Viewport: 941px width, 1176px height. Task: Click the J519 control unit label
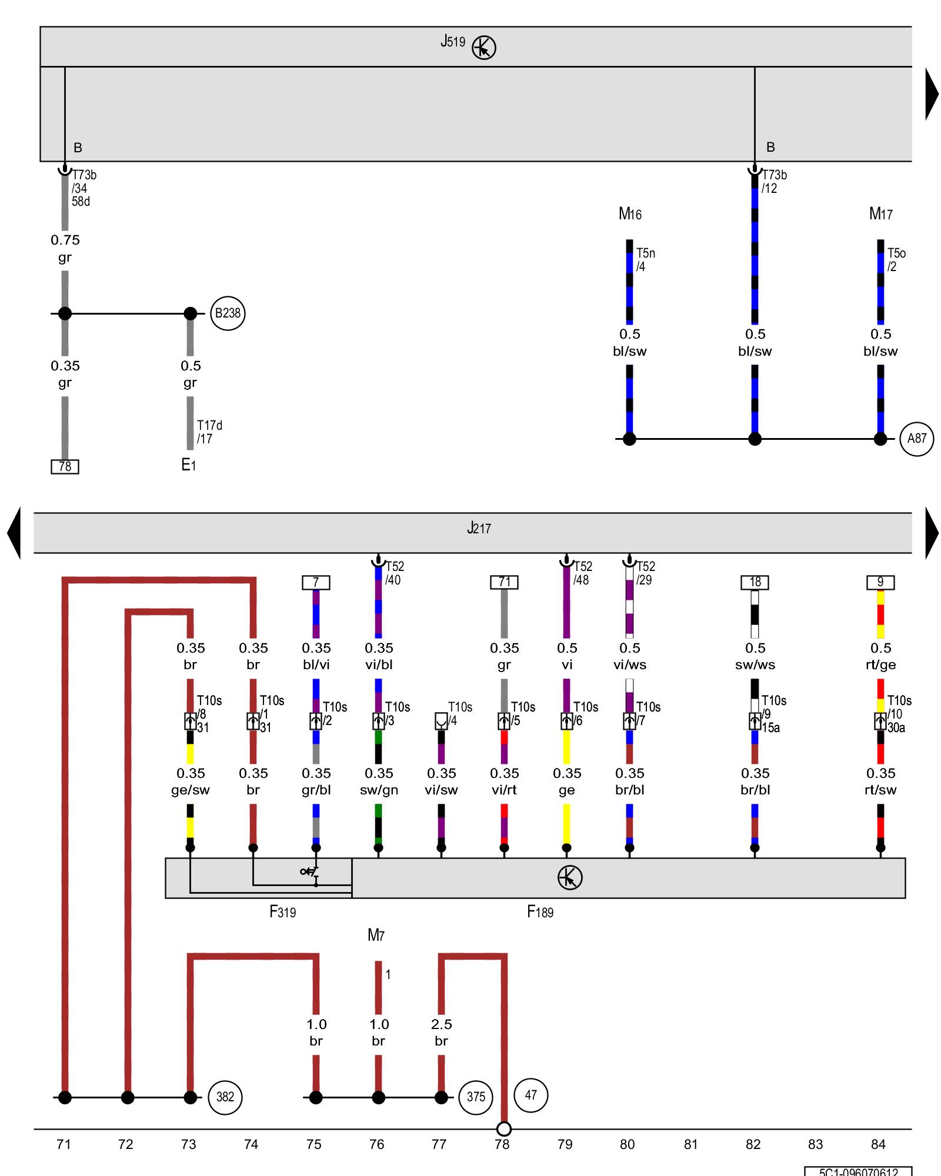452,42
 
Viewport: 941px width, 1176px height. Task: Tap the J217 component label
479,528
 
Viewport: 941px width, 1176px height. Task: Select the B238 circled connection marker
228,313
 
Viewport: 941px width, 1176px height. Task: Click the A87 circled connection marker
916,439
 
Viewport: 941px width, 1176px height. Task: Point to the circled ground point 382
225,1097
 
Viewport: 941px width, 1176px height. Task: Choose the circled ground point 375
476,1097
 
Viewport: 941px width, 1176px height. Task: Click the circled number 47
530,1095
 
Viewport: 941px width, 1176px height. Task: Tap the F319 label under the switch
282,912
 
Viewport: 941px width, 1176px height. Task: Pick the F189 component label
540,912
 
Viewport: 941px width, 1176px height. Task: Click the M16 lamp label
630,214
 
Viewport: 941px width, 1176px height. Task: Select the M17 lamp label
880,214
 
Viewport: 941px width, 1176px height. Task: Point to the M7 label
376,935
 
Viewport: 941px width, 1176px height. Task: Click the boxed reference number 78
65,466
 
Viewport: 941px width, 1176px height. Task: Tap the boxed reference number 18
755,582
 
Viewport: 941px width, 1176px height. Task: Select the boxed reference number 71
504,582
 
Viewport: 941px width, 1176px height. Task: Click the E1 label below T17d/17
188,465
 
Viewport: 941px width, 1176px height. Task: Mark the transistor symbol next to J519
484,48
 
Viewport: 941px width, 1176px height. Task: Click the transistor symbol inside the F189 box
569,878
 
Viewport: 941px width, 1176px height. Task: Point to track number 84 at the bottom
878,1144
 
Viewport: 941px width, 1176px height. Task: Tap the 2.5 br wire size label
441,1033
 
